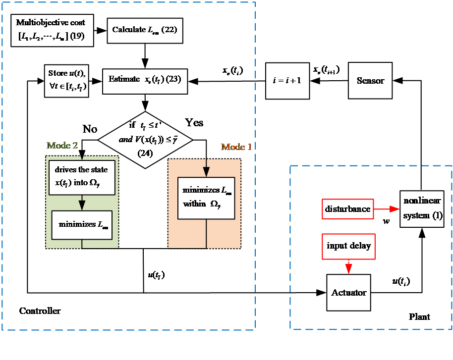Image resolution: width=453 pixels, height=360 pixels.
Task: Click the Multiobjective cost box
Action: pos(52,30)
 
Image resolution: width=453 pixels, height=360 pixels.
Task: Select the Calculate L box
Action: pos(144,30)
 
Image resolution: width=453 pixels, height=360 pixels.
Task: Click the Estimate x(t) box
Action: pos(145,79)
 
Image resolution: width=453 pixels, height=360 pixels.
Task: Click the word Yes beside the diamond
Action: pos(194,122)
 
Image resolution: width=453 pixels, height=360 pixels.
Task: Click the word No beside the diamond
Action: pos(90,129)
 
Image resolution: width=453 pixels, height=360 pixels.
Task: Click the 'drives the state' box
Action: pos(82,177)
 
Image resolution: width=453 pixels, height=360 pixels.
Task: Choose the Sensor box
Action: pos(370,80)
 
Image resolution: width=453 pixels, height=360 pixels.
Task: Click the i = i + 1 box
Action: pos(287,80)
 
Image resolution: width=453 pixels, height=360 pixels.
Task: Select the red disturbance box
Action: pos(347,208)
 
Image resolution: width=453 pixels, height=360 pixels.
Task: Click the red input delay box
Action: pos(348,246)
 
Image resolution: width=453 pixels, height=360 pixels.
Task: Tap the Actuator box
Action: pos(349,292)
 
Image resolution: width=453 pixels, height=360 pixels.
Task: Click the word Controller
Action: pos(40,311)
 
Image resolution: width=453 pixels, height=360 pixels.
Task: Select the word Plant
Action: pos(419,317)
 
